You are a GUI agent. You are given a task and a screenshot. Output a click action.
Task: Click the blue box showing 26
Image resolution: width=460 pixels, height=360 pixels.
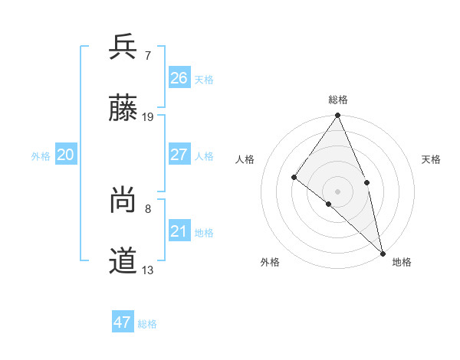(179, 78)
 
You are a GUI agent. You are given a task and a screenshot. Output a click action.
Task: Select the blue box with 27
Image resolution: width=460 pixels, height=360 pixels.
(179, 155)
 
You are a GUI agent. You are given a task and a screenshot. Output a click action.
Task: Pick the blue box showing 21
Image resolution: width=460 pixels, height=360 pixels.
(179, 231)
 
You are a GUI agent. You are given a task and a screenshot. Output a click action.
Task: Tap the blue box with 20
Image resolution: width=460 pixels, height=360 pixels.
(66, 155)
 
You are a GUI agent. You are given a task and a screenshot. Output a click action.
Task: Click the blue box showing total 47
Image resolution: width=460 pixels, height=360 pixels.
(123, 322)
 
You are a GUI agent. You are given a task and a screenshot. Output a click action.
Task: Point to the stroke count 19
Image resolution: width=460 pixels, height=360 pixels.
(148, 117)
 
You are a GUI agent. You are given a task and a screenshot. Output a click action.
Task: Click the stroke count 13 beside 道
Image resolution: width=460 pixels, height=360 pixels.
(148, 270)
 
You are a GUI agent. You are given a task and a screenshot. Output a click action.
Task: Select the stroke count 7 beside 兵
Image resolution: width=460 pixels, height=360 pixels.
(147, 55)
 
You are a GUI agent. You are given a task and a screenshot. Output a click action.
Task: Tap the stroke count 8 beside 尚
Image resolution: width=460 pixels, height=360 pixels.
(147, 208)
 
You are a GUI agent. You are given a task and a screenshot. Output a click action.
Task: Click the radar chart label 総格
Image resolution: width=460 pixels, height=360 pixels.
(338, 100)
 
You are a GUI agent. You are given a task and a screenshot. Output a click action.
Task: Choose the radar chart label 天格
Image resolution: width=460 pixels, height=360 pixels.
(431, 159)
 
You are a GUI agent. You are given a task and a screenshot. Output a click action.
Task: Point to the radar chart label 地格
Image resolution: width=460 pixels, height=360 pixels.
(402, 263)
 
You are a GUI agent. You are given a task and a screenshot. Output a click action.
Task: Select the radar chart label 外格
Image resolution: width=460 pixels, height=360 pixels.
(270, 263)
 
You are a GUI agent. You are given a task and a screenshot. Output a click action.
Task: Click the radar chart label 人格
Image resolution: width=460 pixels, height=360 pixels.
(245, 159)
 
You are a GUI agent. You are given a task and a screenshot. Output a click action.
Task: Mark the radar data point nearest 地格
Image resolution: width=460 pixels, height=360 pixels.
(383, 252)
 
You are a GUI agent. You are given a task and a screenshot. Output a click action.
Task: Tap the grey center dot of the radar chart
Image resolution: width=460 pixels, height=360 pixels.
(338, 191)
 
